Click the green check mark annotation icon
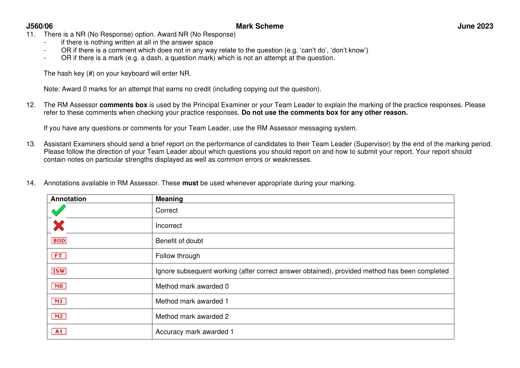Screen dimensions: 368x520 59,210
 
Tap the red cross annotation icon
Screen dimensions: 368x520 59,226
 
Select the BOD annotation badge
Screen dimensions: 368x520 59,241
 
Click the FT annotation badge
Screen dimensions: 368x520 59,256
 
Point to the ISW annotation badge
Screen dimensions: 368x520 59,271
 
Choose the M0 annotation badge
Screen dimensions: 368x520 59,286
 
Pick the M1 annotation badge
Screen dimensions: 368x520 59,301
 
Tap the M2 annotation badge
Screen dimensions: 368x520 59,317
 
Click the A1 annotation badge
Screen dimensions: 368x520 59,331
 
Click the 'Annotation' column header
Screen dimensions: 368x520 69,199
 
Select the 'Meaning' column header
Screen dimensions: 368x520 169,199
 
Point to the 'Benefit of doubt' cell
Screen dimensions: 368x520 179,241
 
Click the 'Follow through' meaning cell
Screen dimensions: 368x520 178,256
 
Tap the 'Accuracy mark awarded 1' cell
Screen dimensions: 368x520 195,332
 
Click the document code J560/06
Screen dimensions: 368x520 39,26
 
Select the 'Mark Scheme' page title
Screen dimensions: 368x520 260,26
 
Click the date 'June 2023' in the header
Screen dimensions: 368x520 475,26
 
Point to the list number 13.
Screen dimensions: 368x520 31,144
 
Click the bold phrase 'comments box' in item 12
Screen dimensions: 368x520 123,105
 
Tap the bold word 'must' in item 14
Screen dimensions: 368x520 190,183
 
